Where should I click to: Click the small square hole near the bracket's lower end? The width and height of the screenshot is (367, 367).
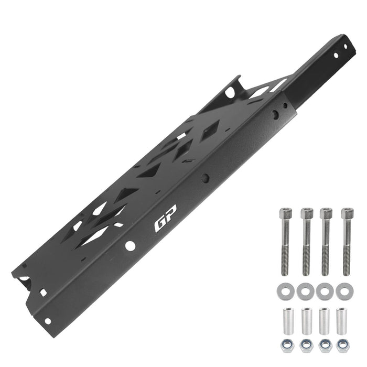click(x=42, y=292)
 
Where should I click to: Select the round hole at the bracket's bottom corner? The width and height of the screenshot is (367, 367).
click(x=48, y=321)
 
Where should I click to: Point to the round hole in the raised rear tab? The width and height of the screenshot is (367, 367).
click(x=230, y=92)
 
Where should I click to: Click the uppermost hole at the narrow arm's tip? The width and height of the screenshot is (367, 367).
click(x=345, y=47)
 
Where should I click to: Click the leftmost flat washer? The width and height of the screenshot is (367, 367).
click(x=285, y=290)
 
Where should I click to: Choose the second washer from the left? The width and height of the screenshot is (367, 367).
click(x=305, y=290)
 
